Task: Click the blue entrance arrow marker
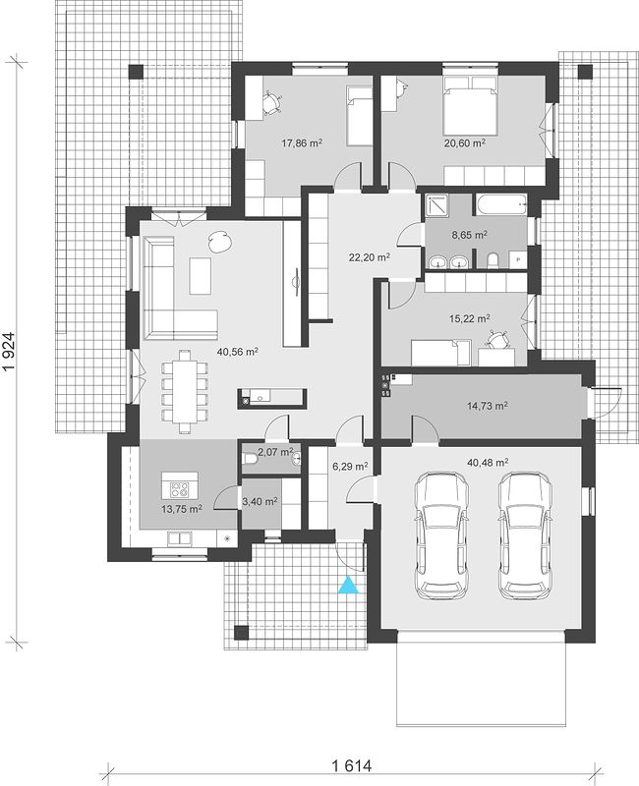click(349, 585)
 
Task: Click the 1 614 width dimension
click(351, 765)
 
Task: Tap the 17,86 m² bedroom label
click(302, 143)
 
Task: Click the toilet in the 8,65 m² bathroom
click(494, 260)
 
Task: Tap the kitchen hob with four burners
click(180, 489)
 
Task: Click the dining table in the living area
click(184, 391)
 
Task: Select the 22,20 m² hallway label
click(370, 257)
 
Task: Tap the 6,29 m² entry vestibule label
click(351, 466)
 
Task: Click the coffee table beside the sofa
click(201, 276)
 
